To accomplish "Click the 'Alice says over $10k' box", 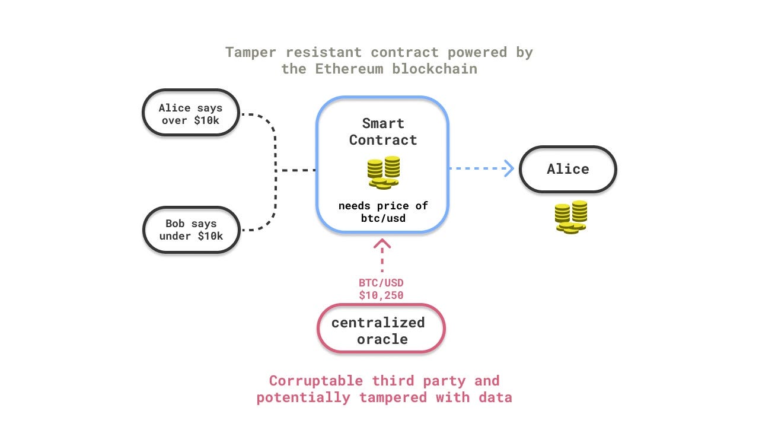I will (x=190, y=113).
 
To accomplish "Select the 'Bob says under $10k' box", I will (x=190, y=230).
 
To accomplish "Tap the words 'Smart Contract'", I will (x=382, y=132).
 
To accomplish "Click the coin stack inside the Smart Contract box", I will (x=383, y=173).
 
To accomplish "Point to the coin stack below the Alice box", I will (x=571, y=217).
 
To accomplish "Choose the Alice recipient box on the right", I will (x=567, y=169).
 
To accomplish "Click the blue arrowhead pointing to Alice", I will (x=509, y=168).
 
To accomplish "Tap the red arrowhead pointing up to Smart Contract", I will (x=382, y=244).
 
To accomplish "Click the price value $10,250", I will (x=381, y=294).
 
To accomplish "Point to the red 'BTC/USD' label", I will (x=381, y=283).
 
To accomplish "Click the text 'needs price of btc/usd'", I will (x=382, y=212).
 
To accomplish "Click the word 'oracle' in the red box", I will (x=382, y=339).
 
